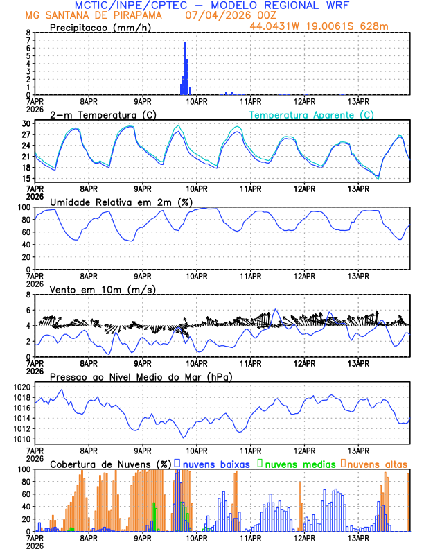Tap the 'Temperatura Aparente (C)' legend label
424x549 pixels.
tap(311, 114)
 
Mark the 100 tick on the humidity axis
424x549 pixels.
tap(24, 207)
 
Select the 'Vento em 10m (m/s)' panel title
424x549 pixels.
tap(103, 289)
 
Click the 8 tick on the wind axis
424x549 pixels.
tap(28, 295)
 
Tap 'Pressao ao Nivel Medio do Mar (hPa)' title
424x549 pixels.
tap(141, 376)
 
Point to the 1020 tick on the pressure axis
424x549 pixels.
tap(21, 387)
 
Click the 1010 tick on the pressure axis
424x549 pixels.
tap(21, 439)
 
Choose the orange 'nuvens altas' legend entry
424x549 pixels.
tap(376, 463)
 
